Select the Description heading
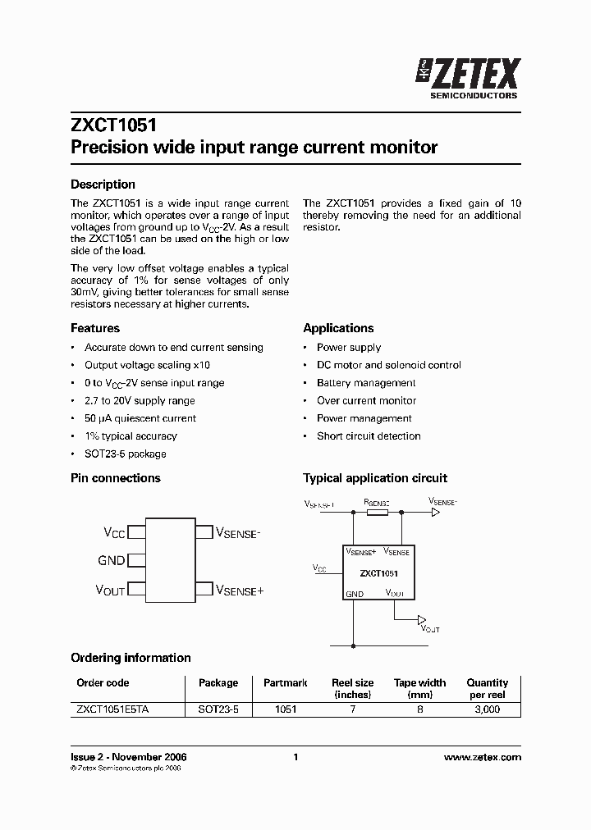coord(103,185)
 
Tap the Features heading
coord(95,328)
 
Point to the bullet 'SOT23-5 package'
coord(125,454)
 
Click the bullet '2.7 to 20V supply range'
coord(140,401)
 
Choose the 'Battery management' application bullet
coord(366,383)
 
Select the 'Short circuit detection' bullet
coord(369,436)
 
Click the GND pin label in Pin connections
coord(111,561)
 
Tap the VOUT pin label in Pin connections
coord(110,590)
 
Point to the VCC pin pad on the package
coord(137,532)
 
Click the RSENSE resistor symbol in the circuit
coord(377,513)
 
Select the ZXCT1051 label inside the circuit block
coord(379,574)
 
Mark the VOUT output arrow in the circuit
coord(423,619)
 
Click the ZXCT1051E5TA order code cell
coord(112,710)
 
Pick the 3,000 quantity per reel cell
coord(487,710)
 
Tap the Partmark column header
coord(286,683)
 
